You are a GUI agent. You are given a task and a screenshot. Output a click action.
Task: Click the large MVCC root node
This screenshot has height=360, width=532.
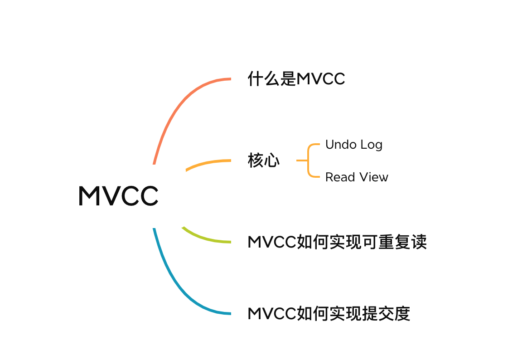(118, 196)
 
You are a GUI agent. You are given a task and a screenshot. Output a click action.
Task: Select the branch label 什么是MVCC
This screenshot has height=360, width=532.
(296, 79)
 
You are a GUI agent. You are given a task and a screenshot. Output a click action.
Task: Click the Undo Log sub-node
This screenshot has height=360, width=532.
(354, 145)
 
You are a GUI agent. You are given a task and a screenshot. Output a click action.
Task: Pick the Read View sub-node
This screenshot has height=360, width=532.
(357, 177)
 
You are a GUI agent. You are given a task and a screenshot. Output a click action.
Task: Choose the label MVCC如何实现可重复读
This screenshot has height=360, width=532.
(337, 242)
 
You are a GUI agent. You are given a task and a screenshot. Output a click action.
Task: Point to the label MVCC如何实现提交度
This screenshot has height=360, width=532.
(329, 314)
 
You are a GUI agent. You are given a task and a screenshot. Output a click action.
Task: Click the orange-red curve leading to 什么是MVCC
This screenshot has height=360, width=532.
(174, 108)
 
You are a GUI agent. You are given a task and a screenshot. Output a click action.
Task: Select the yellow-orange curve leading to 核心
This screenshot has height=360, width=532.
(208, 162)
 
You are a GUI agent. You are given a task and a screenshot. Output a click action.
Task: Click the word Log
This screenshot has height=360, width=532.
(371, 145)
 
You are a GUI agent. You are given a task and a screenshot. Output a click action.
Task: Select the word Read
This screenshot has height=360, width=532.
(340, 177)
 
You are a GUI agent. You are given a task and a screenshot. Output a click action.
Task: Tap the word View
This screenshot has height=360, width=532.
(374, 177)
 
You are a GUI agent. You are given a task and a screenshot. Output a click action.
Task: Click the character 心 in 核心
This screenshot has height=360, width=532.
(272, 161)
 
